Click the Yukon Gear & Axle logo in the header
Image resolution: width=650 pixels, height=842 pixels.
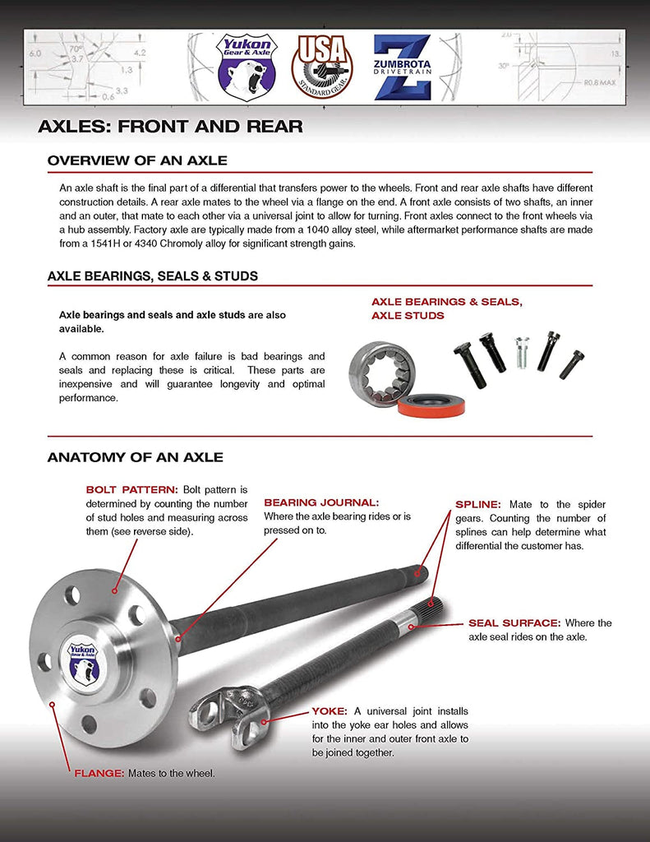[247, 67]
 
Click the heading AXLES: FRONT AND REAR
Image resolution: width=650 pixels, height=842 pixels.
[170, 127]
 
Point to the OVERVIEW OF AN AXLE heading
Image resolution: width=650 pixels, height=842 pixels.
[137, 160]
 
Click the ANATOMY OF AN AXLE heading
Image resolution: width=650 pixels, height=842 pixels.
[135, 457]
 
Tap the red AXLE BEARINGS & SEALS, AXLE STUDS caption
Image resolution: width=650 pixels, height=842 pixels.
[446, 308]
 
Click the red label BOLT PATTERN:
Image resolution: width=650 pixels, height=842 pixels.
[131, 489]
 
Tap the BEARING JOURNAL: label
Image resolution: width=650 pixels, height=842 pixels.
[320, 502]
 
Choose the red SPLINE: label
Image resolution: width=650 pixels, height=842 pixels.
[479, 504]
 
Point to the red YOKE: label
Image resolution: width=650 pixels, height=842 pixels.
[329, 710]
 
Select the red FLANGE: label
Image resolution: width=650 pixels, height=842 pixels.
[99, 773]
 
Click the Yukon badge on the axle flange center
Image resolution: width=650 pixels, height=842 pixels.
[82, 660]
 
